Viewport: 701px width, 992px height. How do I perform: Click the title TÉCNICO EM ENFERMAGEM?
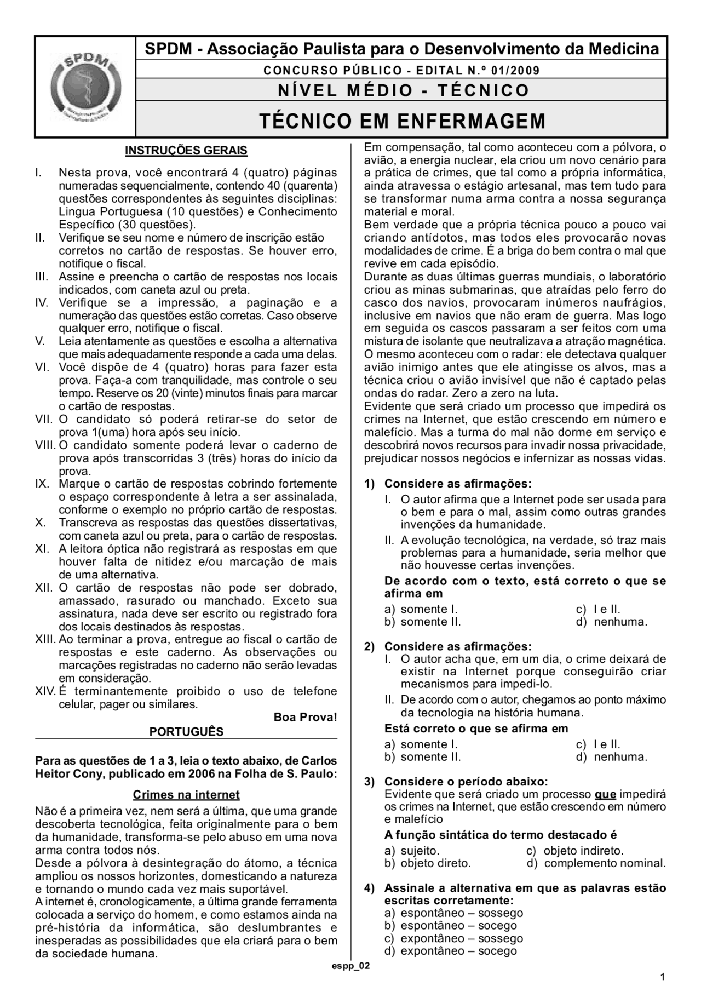[x=402, y=121]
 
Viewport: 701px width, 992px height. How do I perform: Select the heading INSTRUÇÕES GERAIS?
[x=186, y=151]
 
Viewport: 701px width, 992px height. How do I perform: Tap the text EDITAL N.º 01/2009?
[x=478, y=71]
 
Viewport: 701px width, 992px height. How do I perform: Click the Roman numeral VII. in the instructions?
[x=44, y=420]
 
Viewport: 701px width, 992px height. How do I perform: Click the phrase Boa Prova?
[x=305, y=717]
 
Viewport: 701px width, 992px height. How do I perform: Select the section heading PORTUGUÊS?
[x=186, y=732]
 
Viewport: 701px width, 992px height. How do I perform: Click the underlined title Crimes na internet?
[x=186, y=794]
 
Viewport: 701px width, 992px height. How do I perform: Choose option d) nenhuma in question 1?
[x=614, y=622]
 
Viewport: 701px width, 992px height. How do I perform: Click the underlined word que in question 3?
[x=605, y=794]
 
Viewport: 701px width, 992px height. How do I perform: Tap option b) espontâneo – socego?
[x=452, y=926]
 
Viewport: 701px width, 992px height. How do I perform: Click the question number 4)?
[x=370, y=888]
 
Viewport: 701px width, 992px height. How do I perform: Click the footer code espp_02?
[x=351, y=966]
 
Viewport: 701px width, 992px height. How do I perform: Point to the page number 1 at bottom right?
[x=663, y=977]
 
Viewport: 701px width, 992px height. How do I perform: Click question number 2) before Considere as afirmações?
[x=370, y=647]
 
